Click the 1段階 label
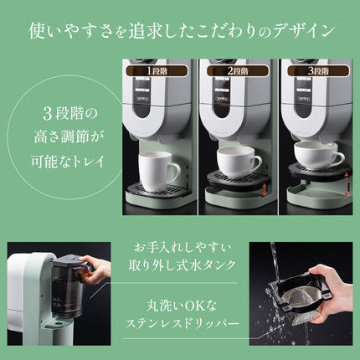(x=159, y=71)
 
